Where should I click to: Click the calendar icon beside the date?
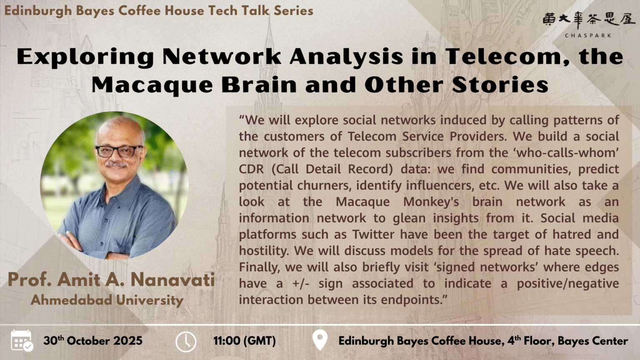coord(22,340)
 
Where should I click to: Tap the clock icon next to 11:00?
coord(185,341)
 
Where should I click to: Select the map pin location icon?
coord(320,340)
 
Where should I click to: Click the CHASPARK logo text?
coord(588,35)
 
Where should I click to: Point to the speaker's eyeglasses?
coord(119,150)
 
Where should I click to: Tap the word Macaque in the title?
coord(152,85)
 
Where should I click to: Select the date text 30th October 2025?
coord(93,341)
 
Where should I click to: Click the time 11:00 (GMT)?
coord(245,341)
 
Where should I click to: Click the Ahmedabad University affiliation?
coord(107,300)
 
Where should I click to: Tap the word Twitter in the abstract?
coord(373,235)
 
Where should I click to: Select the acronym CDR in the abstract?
coord(251,169)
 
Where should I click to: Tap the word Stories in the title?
coord(500,85)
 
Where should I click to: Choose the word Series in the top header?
coord(293,10)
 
